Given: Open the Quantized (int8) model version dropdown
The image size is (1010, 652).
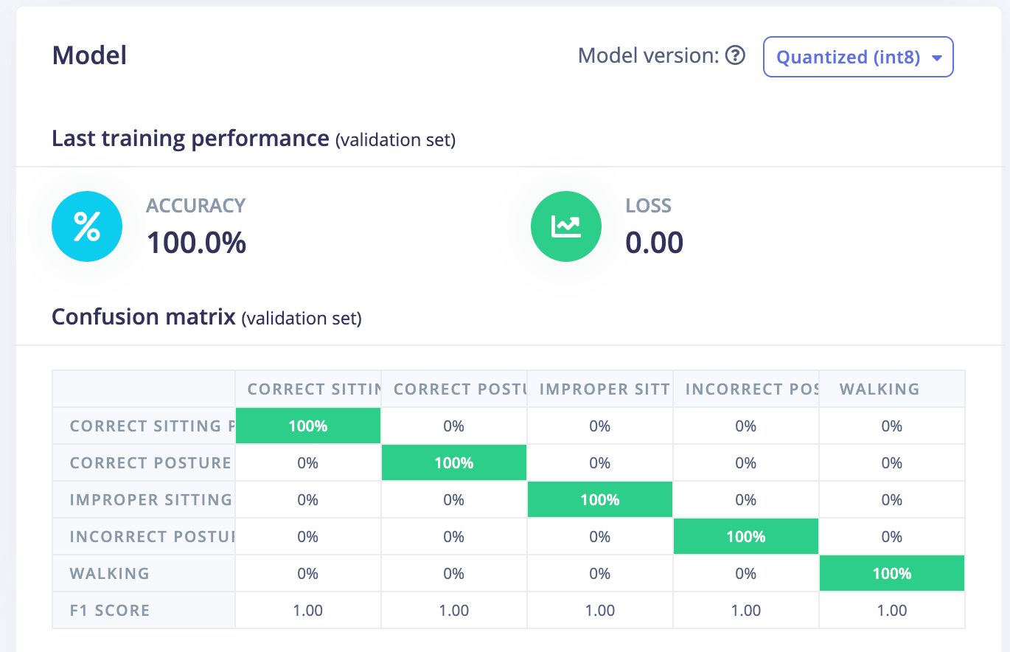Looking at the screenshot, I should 858,57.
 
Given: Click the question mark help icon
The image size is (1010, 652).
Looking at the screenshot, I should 735,55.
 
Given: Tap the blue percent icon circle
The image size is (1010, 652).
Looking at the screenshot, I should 86,226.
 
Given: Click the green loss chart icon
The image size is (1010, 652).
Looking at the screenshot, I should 566,226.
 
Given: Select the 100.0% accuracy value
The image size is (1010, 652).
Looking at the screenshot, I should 196,243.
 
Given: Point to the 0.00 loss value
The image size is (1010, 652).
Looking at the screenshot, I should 654,243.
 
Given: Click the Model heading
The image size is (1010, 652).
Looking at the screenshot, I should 89,55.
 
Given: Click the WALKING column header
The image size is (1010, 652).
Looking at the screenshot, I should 879,389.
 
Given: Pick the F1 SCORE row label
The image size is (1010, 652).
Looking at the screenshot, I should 109,610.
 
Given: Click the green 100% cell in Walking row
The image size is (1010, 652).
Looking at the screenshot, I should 891,573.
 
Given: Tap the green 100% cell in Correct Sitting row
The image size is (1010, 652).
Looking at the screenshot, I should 308,426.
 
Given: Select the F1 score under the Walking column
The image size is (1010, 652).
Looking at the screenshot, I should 891,610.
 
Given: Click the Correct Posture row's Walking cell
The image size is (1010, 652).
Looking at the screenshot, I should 891,462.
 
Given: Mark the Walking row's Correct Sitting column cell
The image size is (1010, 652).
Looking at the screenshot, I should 308,573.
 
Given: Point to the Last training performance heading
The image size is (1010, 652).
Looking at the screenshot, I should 190,138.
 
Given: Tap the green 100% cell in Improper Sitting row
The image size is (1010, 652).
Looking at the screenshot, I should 599,499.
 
